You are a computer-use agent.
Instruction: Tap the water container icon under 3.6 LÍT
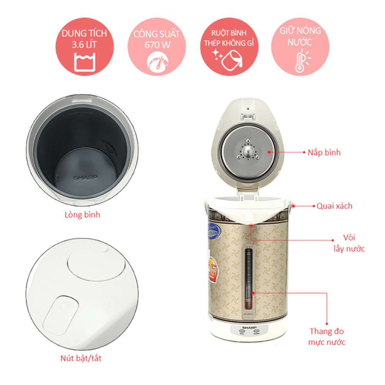point(84,63)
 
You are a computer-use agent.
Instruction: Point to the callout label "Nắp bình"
point(324,152)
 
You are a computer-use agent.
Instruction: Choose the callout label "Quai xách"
point(334,206)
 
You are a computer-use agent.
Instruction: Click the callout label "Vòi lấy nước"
point(349,242)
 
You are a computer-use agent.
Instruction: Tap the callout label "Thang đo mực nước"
point(327,336)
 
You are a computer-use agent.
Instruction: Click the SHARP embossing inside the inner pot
point(85,178)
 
